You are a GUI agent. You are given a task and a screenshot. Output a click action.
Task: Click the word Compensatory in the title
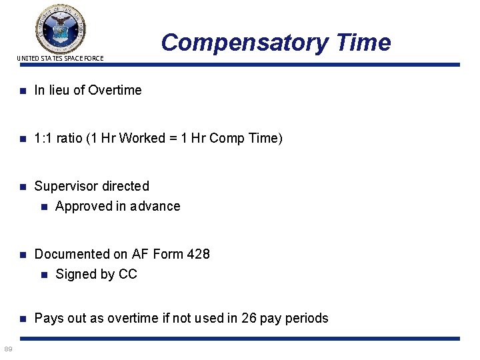click(x=243, y=42)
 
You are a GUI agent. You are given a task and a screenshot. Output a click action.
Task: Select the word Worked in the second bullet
click(x=159, y=138)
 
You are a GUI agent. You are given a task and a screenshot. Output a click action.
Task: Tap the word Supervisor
click(x=69, y=186)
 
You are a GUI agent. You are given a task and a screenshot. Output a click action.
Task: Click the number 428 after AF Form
click(x=198, y=254)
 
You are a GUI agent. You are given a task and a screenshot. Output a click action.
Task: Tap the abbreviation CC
click(x=128, y=274)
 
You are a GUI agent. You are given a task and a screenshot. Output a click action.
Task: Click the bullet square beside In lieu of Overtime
click(x=22, y=90)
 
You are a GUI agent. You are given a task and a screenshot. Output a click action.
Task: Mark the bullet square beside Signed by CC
click(x=43, y=274)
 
